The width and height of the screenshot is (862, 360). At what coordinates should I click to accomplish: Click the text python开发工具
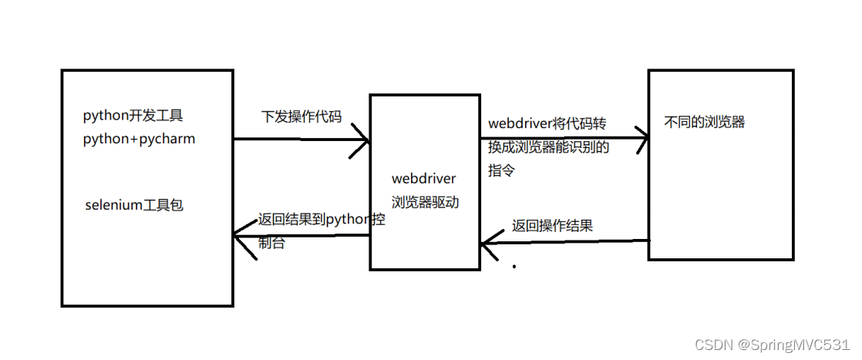(133, 116)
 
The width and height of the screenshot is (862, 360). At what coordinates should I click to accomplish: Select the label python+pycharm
(139, 140)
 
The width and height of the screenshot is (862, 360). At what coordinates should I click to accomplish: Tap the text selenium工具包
(135, 206)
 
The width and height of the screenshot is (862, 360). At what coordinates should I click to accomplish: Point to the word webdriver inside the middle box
(423, 179)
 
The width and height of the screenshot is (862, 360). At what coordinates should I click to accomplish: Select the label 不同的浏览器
(705, 122)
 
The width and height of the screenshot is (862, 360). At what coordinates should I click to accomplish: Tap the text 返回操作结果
(553, 227)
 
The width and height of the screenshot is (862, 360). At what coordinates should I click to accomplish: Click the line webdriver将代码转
(547, 124)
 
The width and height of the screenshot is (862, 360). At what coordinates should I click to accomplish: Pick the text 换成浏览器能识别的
(549, 147)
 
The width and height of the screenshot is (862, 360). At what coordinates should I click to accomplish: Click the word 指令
(501, 170)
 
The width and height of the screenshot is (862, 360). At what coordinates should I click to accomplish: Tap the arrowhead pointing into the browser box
(641, 139)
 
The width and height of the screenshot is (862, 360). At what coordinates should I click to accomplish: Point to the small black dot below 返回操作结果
(514, 267)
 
